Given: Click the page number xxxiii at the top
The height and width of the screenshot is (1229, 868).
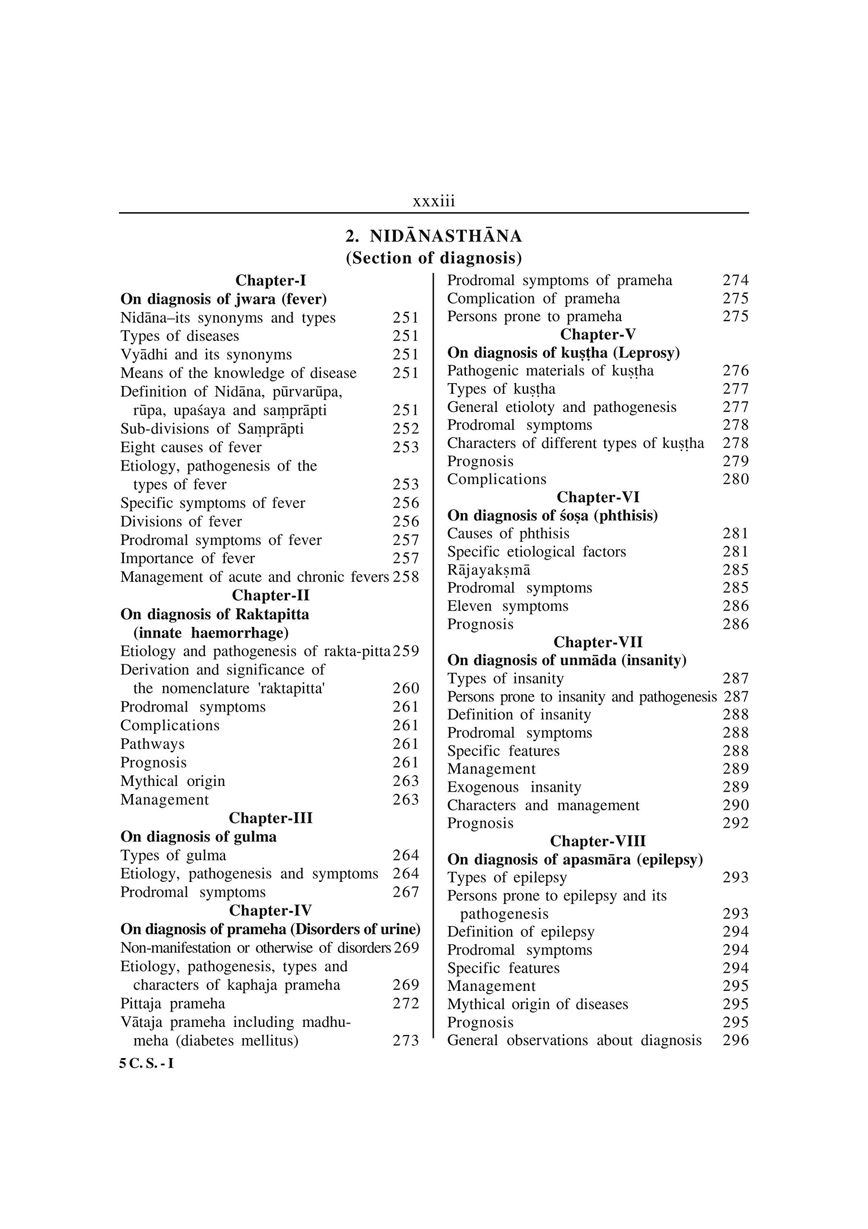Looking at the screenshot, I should click(433, 201).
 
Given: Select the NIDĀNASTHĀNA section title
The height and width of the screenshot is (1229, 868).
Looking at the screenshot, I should click(433, 236).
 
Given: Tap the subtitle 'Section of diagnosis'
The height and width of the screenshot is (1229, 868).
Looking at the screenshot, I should click(433, 258).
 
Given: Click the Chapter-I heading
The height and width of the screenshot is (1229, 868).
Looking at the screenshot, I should click(270, 280).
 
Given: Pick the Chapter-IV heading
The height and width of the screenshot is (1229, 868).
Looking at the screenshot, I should click(270, 911).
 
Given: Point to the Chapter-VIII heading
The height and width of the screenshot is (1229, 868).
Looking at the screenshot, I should click(598, 841).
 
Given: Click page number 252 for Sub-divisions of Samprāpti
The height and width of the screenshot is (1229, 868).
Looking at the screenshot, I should click(405, 429).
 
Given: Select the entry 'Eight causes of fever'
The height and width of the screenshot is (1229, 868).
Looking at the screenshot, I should click(191, 447).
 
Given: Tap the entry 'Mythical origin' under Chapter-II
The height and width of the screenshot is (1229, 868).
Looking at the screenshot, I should click(173, 781).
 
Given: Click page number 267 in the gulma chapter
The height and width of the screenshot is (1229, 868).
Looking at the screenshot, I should click(405, 892).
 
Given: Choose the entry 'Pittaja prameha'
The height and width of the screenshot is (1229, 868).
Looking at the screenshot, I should click(173, 1003).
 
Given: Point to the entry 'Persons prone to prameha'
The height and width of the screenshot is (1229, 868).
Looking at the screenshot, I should click(535, 316).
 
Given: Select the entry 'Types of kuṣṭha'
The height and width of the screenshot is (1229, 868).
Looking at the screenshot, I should click(501, 388).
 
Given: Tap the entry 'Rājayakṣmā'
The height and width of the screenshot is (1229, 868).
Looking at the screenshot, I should click(488, 569).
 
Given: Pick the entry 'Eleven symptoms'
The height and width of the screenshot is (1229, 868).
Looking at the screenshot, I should click(508, 606).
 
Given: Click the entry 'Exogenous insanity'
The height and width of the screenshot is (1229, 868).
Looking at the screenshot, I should click(514, 787).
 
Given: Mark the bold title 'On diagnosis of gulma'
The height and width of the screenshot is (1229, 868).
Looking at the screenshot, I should click(199, 837).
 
